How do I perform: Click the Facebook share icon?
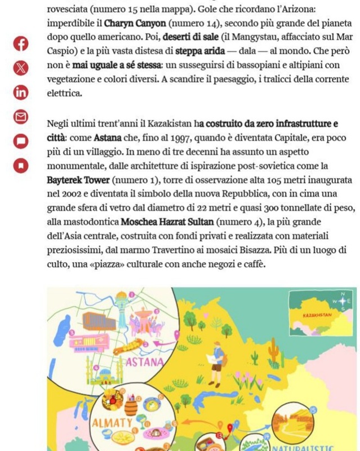tap(20, 43)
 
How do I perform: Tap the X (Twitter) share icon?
tap(20, 68)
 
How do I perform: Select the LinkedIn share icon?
tap(20, 92)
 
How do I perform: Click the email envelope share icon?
tap(20, 117)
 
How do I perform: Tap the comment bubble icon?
tap(20, 141)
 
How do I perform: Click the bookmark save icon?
tap(20, 165)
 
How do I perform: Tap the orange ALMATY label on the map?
tap(112, 422)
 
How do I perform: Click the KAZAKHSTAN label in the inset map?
tap(317, 315)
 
